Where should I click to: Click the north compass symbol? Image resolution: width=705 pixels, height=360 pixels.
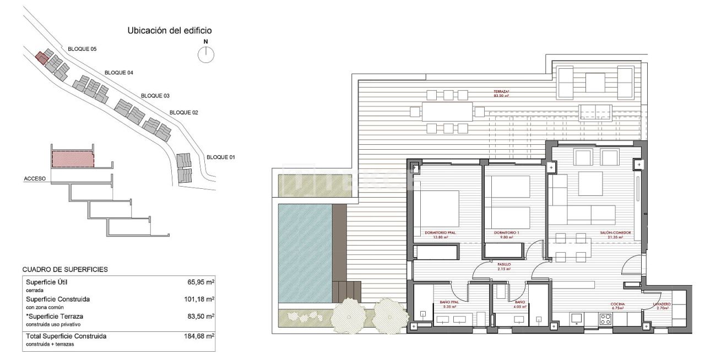206,53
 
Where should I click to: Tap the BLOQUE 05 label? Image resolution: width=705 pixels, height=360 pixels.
82,49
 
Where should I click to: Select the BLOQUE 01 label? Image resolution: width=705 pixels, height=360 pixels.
221,157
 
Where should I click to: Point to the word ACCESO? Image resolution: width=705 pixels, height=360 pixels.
34,179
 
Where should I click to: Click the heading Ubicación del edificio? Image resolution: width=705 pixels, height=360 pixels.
170,31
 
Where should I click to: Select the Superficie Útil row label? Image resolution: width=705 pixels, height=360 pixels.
47,282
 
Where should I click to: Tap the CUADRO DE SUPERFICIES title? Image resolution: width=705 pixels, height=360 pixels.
65,270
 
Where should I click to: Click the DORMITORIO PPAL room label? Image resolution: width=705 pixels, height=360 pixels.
440,233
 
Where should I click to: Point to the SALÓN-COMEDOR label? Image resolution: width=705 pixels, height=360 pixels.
615,233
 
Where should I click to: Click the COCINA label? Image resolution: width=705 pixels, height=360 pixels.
617,304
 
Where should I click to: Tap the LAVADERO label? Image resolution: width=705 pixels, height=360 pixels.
661,304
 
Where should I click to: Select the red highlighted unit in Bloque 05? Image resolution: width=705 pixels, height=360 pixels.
40,57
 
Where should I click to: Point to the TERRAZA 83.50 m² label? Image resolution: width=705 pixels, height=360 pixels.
501,94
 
